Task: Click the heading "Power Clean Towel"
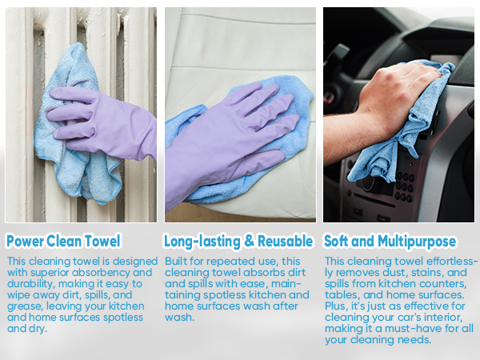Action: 63,241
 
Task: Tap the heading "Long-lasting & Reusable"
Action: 238,241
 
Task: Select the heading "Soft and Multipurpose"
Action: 390,241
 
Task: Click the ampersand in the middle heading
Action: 249,241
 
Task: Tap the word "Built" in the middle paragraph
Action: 175,261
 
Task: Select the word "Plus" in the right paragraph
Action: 336,306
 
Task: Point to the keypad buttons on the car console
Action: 405,186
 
